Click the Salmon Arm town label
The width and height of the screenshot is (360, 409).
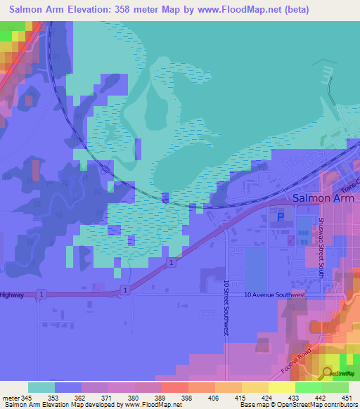(323, 199)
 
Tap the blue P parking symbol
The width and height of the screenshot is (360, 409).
(282, 218)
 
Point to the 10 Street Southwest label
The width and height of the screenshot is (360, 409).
(226, 307)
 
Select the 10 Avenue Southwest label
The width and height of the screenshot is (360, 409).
(275, 295)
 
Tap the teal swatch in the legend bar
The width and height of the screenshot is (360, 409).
(41, 387)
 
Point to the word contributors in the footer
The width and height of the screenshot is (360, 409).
(342, 405)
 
